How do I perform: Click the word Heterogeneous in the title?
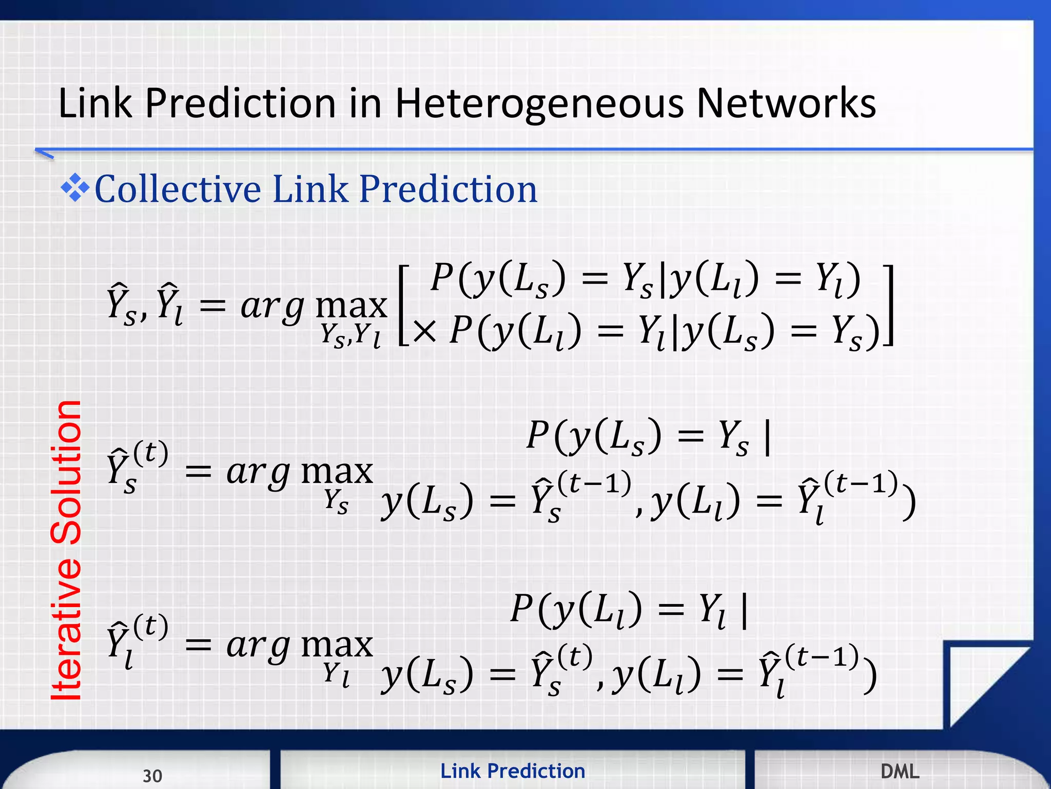(539, 104)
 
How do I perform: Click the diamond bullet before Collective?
(75, 188)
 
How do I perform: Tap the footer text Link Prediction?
(513, 771)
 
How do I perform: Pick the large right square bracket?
(889, 305)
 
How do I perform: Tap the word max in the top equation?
(351, 306)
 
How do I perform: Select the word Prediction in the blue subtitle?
(448, 189)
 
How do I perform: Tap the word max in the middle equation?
(337, 472)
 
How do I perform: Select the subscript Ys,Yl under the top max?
(351, 336)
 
